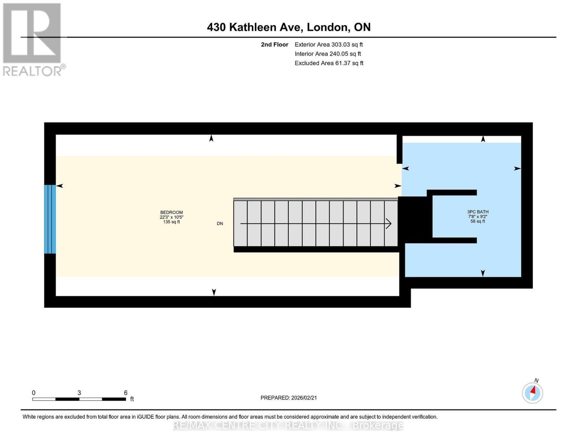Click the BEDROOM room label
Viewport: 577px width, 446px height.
click(171, 213)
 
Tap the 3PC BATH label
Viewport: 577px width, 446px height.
click(478, 212)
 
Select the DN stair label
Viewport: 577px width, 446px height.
click(220, 223)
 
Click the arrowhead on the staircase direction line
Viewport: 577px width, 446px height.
click(388, 223)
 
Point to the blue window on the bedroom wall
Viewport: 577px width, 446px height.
click(50, 219)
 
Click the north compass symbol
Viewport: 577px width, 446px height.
click(532, 392)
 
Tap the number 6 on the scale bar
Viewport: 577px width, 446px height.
click(126, 393)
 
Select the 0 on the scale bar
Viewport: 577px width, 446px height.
click(34, 393)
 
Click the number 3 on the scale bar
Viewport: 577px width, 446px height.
click(79, 393)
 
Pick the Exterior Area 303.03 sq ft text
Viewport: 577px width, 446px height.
click(328, 45)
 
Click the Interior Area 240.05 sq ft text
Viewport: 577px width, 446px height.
click(328, 54)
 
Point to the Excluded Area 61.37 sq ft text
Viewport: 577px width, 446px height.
click(329, 63)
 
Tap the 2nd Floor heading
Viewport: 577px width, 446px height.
click(275, 45)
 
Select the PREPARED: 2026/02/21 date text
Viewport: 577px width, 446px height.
click(289, 398)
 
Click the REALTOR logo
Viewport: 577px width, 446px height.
click(32, 39)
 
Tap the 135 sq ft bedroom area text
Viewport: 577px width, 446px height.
click(171, 222)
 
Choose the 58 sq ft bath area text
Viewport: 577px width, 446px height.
click(478, 221)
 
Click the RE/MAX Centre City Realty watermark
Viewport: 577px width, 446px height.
click(288, 425)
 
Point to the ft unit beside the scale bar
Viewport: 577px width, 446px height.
click(132, 399)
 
